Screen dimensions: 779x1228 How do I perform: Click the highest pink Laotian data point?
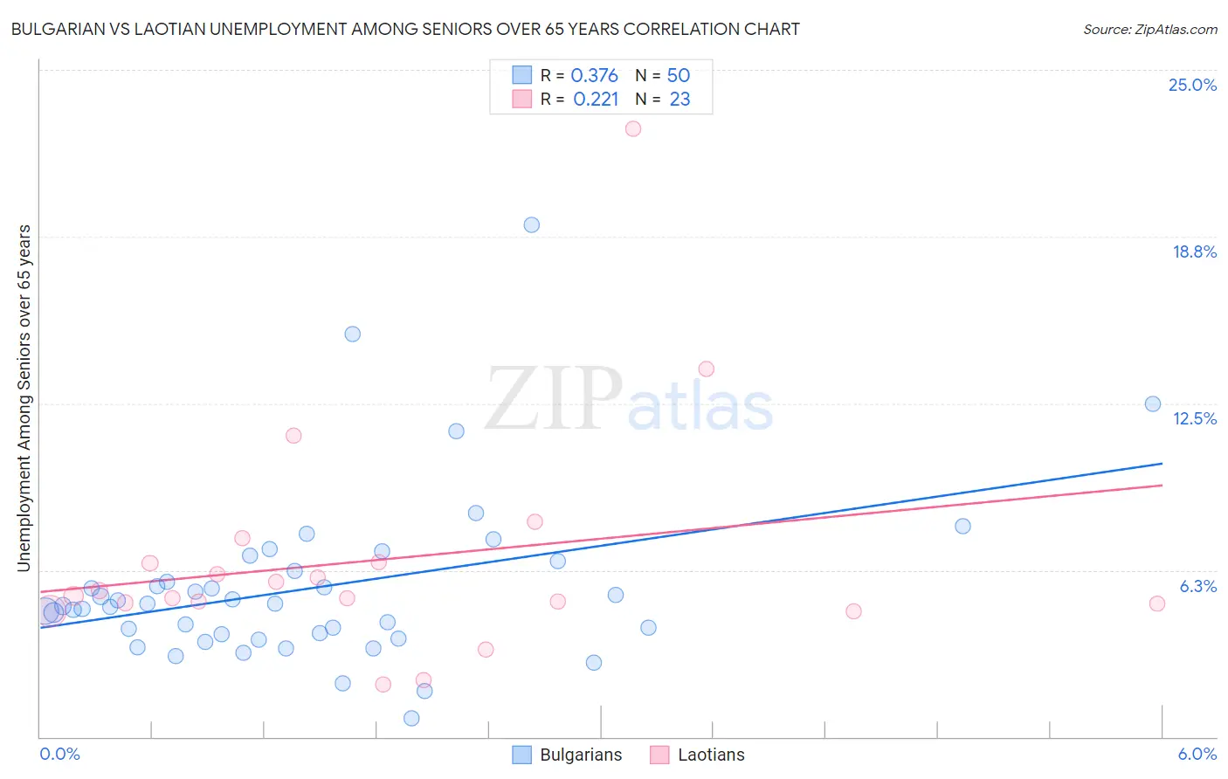[x=633, y=128]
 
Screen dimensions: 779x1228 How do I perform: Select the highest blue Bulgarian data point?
[x=531, y=224]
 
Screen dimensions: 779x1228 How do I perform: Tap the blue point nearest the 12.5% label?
[x=1153, y=403]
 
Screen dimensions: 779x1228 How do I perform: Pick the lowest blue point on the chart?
[x=411, y=718]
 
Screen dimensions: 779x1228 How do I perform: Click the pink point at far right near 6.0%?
[x=1157, y=603]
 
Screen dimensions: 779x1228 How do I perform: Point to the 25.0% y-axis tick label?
[x=1192, y=85]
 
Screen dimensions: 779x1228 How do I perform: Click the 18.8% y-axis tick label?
[x=1194, y=252]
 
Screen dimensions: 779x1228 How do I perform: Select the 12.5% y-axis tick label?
[x=1194, y=418]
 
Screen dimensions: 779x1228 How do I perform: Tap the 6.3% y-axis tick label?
[x=1197, y=586]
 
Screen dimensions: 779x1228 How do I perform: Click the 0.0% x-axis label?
[x=59, y=754]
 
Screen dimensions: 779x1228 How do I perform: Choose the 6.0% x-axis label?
[x=1197, y=754]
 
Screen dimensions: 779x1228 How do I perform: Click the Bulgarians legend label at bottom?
[x=581, y=755]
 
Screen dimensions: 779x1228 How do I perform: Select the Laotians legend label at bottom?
[x=711, y=755]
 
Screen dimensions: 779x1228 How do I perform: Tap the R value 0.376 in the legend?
[x=594, y=76]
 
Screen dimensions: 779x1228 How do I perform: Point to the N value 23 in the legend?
[x=680, y=100]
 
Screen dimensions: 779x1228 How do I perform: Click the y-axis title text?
[x=24, y=398]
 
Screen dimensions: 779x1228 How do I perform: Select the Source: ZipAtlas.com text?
[x=1149, y=29]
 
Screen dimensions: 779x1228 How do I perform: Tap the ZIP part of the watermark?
[x=553, y=399]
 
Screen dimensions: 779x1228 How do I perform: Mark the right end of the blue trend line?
[x=1162, y=463]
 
